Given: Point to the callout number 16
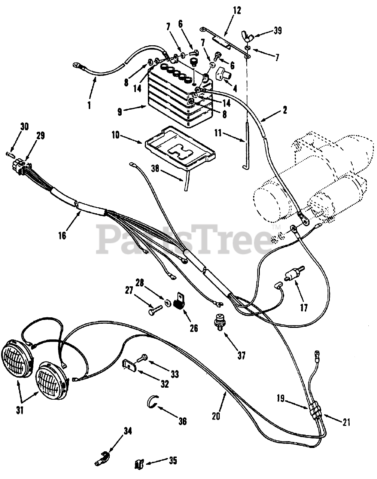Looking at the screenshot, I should pos(62,235).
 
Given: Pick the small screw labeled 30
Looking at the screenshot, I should pos(9,153).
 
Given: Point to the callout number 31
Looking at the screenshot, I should pos(20,411).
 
